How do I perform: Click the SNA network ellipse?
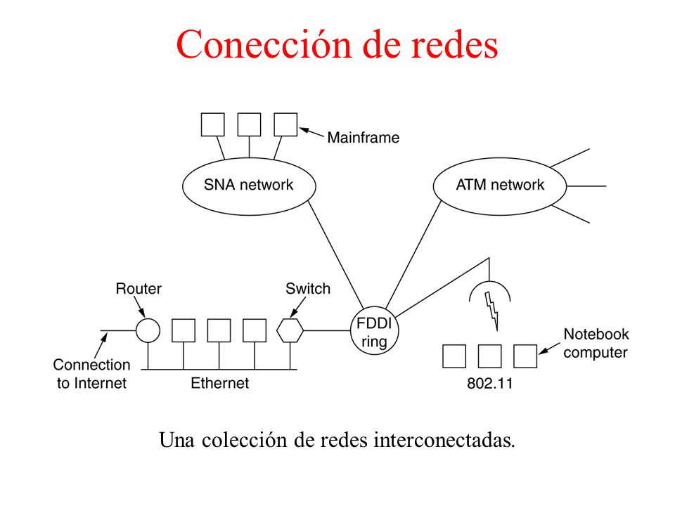[x=249, y=158]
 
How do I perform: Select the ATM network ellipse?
[x=500, y=158]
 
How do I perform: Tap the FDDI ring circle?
[x=375, y=307]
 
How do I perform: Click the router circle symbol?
[x=148, y=319]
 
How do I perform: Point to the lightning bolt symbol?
[x=492, y=311]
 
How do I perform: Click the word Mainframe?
[x=364, y=138]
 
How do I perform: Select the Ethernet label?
[x=219, y=383]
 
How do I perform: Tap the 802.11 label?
[x=490, y=383]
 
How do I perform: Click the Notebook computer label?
[x=596, y=344]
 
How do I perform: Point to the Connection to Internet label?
[x=91, y=374]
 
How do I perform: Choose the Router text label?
[x=139, y=289]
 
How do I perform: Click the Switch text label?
[x=308, y=289]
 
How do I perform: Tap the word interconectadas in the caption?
[x=444, y=440]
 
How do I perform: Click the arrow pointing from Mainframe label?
[x=311, y=133]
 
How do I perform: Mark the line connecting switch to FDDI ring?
[x=327, y=330]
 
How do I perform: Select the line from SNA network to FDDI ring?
[x=336, y=256]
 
